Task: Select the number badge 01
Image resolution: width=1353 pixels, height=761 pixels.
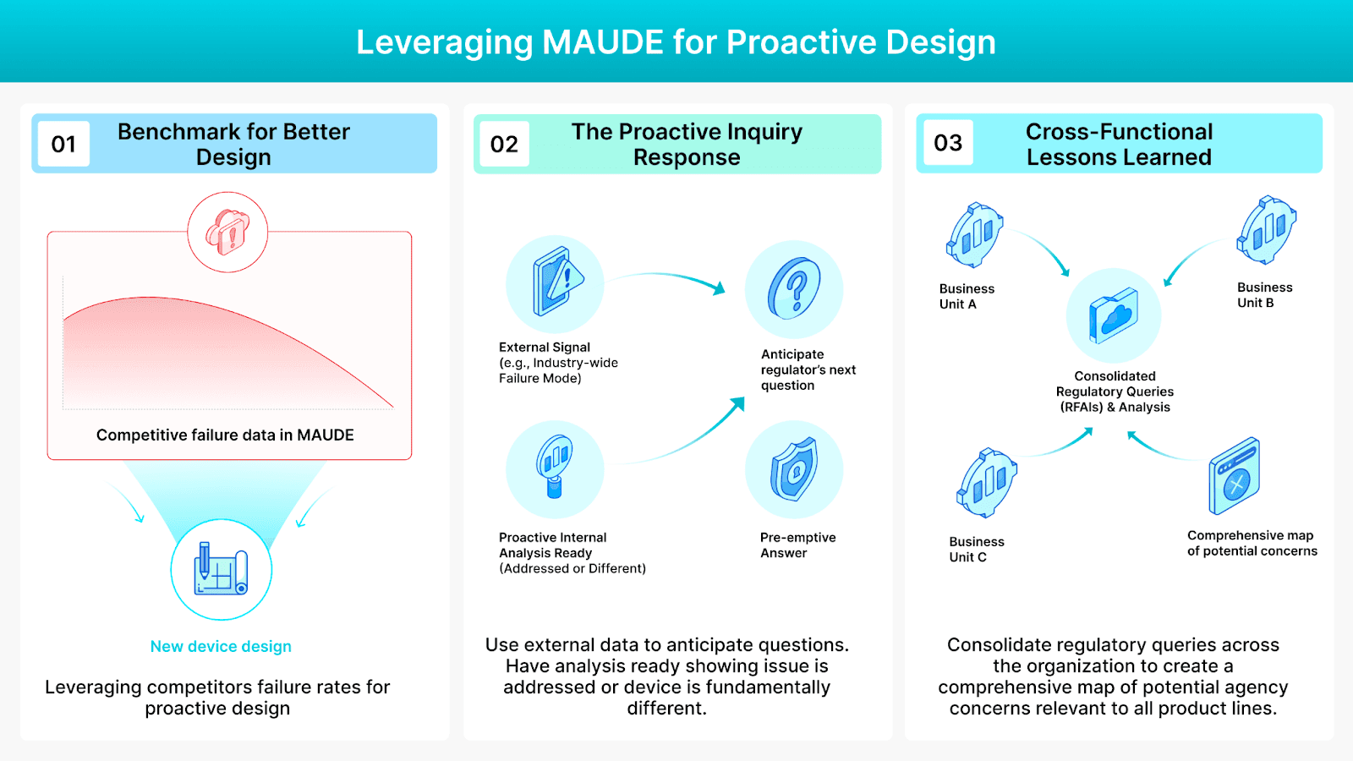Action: click(x=63, y=144)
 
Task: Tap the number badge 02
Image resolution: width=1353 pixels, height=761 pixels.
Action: click(x=504, y=144)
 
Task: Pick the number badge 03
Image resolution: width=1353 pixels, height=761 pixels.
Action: click(x=947, y=143)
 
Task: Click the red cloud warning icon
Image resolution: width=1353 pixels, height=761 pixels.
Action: click(x=227, y=232)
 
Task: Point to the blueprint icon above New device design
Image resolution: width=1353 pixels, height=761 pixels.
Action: click(x=222, y=569)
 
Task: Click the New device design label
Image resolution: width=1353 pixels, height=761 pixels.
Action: click(x=221, y=647)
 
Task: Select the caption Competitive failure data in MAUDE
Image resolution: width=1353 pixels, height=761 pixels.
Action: click(x=225, y=435)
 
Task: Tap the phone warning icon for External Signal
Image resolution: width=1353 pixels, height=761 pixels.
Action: click(x=556, y=282)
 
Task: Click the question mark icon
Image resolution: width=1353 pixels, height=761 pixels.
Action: click(x=794, y=289)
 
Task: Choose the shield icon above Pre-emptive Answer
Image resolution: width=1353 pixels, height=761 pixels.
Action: click(x=794, y=468)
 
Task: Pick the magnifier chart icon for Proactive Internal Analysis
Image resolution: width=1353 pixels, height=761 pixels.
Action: click(x=555, y=467)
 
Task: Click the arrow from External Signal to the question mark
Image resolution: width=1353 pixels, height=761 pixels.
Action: click(x=668, y=278)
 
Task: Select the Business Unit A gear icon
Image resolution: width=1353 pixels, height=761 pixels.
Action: click(x=974, y=234)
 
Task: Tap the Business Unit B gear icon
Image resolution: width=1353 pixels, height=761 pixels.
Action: click(x=1266, y=230)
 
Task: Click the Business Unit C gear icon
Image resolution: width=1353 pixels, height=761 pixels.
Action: click(x=986, y=483)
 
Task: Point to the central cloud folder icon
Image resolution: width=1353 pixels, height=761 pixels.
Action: click(x=1114, y=315)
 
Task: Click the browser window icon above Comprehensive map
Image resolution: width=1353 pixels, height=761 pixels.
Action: click(x=1235, y=476)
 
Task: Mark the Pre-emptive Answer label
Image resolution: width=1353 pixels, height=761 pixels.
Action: click(x=797, y=545)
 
